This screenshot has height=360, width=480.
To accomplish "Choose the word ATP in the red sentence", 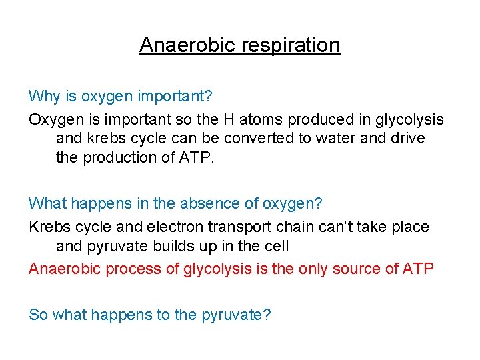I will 419,269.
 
